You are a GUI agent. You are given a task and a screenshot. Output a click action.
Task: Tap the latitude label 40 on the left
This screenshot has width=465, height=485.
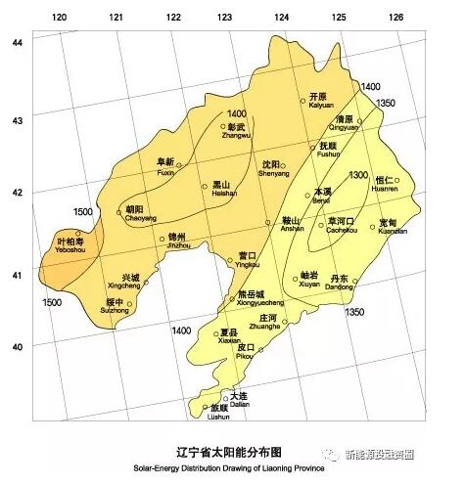click(x=16, y=346)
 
